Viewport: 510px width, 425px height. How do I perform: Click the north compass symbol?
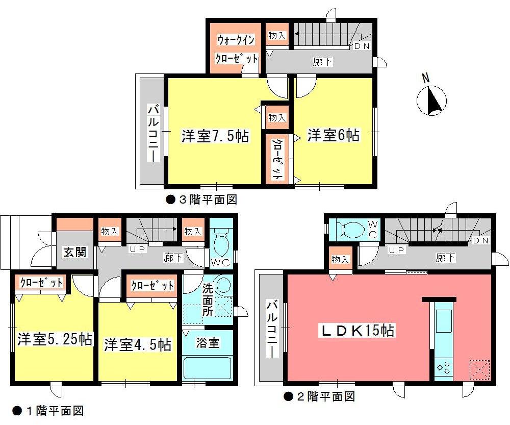point(431,99)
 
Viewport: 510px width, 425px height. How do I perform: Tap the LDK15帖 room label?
point(356,331)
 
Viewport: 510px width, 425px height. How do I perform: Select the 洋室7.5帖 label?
point(216,136)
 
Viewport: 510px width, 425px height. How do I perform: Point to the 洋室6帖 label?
point(333,135)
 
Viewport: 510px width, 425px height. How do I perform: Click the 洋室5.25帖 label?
point(55,339)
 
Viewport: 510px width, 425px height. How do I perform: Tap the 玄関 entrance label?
point(74,252)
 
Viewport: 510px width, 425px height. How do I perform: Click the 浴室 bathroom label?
point(208,343)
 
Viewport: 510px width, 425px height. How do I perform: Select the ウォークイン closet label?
point(236,39)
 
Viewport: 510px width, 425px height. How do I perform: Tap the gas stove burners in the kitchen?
point(443,367)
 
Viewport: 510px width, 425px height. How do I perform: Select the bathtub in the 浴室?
point(207,368)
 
